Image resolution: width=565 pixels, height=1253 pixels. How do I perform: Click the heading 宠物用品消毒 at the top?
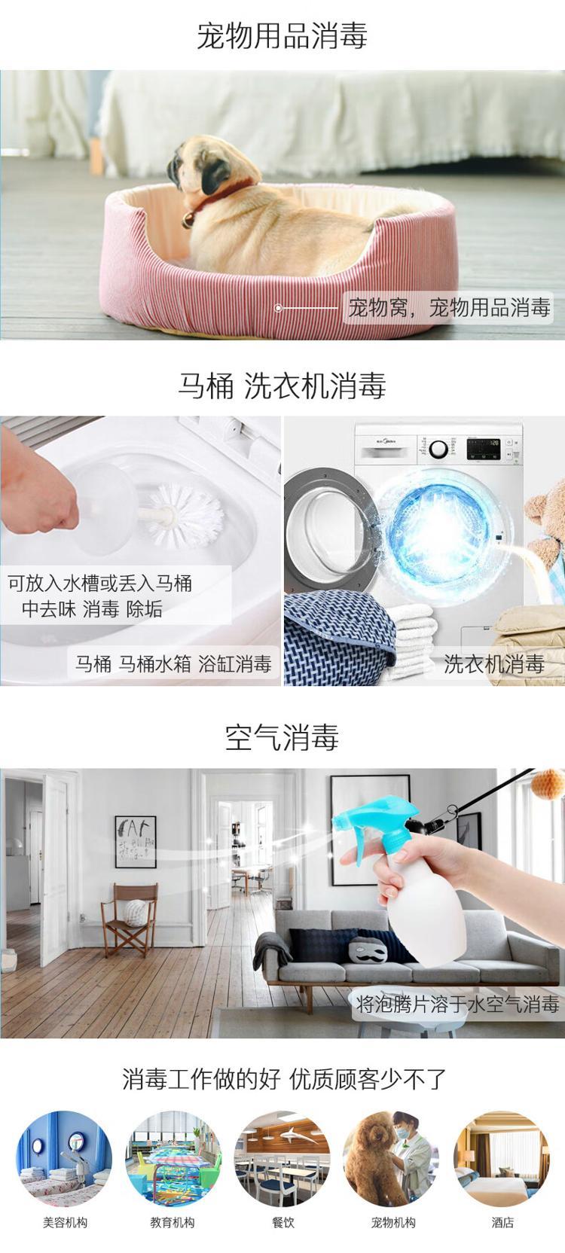point(282,37)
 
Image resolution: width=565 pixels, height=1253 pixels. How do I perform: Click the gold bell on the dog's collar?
point(188,221)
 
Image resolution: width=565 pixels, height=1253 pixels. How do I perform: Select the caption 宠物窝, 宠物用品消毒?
point(449,308)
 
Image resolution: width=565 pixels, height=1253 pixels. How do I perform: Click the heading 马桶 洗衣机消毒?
point(282,386)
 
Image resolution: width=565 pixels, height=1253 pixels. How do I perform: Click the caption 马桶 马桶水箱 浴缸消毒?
point(173,664)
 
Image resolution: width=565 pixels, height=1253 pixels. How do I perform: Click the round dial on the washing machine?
point(438,449)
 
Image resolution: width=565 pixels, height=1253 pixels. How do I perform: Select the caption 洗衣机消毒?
point(494,664)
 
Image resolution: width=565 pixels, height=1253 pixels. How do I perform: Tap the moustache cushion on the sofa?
point(367,950)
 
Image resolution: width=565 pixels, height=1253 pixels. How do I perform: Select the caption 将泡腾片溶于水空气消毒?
point(457,1004)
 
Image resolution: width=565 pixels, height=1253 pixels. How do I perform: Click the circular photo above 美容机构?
point(64,1159)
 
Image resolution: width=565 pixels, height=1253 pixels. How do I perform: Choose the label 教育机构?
point(173,1223)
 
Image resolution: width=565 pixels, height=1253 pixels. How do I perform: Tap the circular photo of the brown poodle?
point(392,1159)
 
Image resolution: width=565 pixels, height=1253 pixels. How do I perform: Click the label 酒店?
point(502,1223)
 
